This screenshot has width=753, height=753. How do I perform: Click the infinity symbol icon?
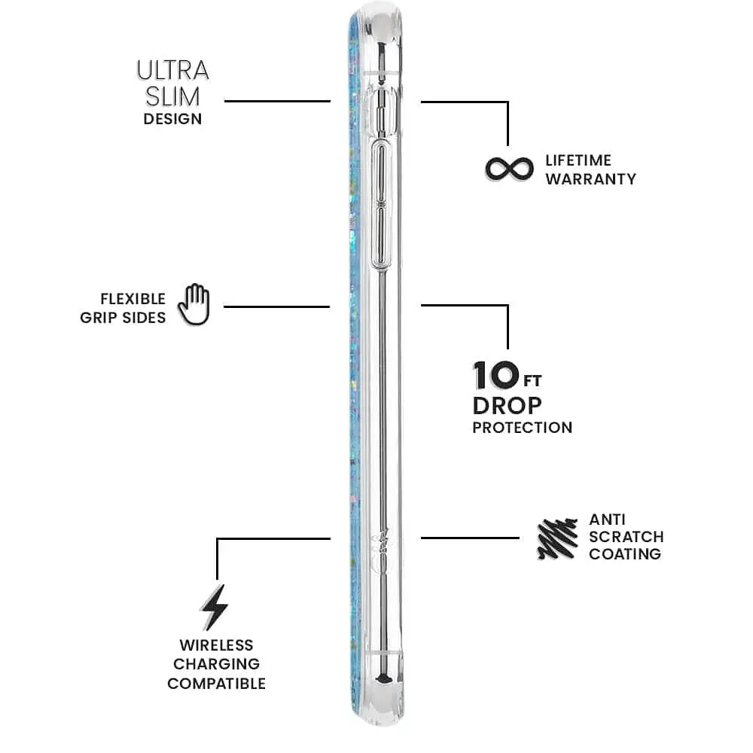click(509, 169)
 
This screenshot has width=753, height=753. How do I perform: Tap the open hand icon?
click(194, 304)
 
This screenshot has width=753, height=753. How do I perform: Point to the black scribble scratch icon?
click(557, 539)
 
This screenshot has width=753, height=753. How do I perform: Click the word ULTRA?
click(173, 71)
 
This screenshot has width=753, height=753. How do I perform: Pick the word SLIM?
click(172, 97)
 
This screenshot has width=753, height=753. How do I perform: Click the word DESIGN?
click(173, 119)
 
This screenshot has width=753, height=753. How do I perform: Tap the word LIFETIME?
click(578, 160)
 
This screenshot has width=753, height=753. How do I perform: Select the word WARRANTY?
click(590, 179)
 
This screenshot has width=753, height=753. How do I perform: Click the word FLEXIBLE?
click(133, 299)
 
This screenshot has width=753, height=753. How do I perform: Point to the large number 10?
click(496, 376)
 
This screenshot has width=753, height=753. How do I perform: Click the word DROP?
click(507, 407)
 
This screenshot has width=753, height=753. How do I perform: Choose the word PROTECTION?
click(523, 428)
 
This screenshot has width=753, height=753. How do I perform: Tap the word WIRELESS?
click(217, 645)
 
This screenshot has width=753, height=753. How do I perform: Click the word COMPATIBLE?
click(217, 684)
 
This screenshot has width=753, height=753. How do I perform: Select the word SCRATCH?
click(626, 537)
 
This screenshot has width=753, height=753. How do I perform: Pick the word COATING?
click(625, 554)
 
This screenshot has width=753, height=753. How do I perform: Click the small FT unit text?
click(532, 381)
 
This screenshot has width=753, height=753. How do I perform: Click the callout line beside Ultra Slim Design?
click(278, 102)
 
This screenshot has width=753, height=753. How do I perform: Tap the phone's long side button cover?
click(382, 206)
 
